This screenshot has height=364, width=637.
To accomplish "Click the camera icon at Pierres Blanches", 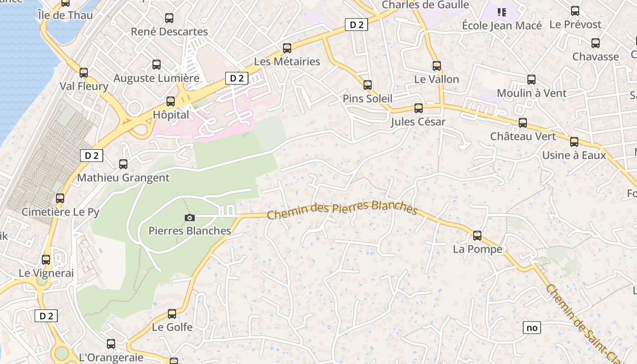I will pyautogui.click(x=190, y=218).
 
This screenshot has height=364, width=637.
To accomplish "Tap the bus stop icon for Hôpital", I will pyautogui.click(x=171, y=101).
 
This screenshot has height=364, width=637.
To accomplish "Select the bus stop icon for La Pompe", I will pyautogui.click(x=477, y=236).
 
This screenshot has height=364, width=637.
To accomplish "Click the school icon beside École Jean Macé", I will pyautogui.click(x=502, y=12).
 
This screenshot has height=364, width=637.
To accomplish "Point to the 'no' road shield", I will pyautogui.click(x=531, y=328).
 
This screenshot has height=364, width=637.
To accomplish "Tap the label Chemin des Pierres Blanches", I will pyautogui.click(x=342, y=210).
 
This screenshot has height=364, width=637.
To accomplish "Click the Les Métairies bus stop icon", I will pyautogui.click(x=287, y=48).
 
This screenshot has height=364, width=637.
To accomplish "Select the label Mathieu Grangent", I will pyautogui.click(x=123, y=178).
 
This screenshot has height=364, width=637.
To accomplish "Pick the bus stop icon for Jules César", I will pyautogui.click(x=419, y=108).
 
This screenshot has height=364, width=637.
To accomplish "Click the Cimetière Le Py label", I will pyautogui.click(x=61, y=212).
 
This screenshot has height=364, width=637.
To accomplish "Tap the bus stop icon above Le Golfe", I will pyautogui.click(x=172, y=314).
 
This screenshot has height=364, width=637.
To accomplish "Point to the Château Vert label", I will pyautogui.click(x=523, y=136).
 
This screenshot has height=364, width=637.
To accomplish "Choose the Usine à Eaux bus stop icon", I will pyautogui.click(x=574, y=142).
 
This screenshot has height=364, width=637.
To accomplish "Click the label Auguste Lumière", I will pyautogui.click(x=157, y=78).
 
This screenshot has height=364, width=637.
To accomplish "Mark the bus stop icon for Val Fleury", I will pyautogui.click(x=84, y=73).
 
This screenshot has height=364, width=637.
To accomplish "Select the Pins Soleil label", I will pyautogui.click(x=368, y=98).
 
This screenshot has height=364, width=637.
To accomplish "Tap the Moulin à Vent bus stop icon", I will pyautogui.click(x=531, y=80).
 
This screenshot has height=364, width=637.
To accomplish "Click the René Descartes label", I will pyautogui.click(x=169, y=32).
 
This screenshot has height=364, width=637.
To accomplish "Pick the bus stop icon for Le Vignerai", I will pyautogui.click(x=46, y=260).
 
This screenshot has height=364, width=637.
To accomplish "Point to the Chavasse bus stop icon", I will pyautogui.click(x=596, y=44).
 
